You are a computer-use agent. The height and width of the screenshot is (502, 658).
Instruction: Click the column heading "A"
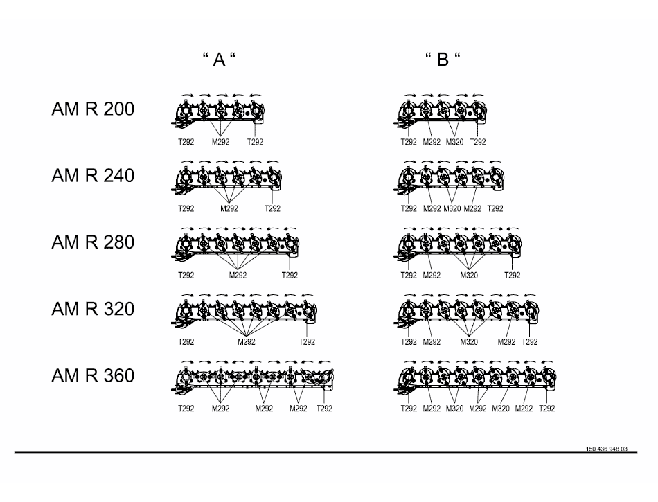point(219,60)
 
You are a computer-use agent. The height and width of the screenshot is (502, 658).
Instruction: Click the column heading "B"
point(443,60)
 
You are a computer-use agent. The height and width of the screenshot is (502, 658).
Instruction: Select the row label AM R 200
point(93,109)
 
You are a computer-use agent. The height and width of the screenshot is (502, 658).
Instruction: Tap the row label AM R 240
point(93,176)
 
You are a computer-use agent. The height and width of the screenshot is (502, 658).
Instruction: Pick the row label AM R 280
point(93,242)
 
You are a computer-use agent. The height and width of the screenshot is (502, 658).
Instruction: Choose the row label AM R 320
point(93,309)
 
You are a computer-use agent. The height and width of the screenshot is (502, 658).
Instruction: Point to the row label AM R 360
point(93,376)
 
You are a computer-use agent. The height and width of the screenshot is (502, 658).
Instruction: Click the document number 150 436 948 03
point(606,449)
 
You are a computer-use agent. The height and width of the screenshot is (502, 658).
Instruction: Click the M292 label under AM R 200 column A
point(221,142)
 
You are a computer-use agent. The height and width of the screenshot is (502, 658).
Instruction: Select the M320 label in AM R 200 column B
point(454,142)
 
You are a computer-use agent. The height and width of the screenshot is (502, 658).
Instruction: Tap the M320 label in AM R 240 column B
point(454,208)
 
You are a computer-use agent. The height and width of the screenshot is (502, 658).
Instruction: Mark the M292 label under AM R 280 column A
point(238,275)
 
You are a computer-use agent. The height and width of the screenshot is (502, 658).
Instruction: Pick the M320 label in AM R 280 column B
point(470,275)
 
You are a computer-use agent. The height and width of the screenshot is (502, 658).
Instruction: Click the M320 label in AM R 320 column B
point(470,341)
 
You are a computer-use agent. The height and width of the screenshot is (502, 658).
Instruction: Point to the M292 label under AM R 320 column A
point(247,341)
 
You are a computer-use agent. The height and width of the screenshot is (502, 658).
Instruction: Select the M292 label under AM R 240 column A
point(229,208)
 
